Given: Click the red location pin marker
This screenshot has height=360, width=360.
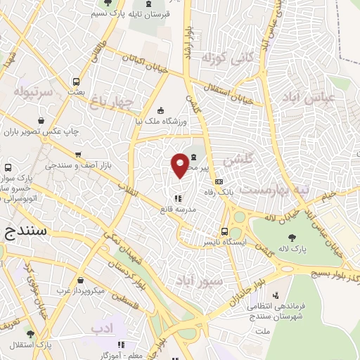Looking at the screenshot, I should (181, 165).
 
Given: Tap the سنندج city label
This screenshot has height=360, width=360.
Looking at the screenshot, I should (23, 230).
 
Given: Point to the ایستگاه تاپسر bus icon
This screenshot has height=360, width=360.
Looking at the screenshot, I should (225, 231).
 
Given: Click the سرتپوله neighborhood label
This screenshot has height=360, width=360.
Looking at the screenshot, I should (31, 92).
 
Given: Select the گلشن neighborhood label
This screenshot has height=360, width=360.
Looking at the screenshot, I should (237, 160).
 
